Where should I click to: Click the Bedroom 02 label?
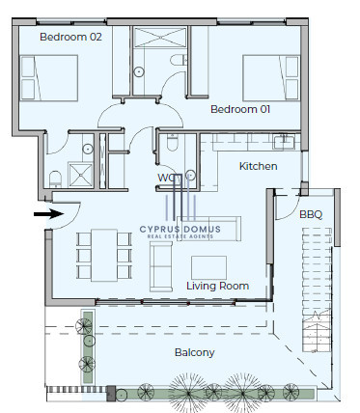(x=70, y=37)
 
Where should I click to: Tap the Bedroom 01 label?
(x=240, y=109)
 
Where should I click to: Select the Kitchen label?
(x=258, y=166)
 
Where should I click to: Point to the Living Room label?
(x=218, y=286)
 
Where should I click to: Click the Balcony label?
(x=194, y=352)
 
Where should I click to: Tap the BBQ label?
(x=311, y=214)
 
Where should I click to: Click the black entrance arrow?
(x=49, y=214)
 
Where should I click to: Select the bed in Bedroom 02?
(x=49, y=78)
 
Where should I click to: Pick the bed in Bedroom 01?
(x=271, y=78)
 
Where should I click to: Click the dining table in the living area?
(x=104, y=255)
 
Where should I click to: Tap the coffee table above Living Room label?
(x=208, y=267)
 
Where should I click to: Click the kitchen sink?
(x=284, y=142)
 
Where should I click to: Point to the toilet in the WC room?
(x=173, y=143)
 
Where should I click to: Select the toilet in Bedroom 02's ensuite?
(x=55, y=179)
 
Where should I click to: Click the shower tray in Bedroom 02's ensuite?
(x=80, y=175)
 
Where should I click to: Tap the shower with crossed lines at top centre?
(x=160, y=38)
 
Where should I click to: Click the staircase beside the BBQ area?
(x=317, y=289)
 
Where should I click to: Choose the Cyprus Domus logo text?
(x=180, y=229)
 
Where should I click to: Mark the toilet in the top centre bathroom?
(x=179, y=60)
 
